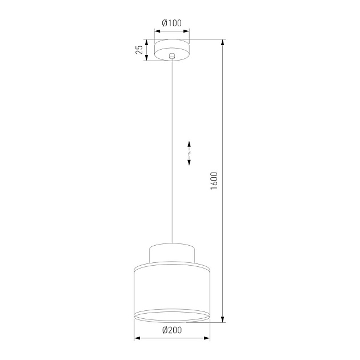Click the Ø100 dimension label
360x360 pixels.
click(x=171, y=23)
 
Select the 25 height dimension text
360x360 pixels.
click(x=139, y=49)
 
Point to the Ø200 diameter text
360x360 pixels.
click(x=172, y=330)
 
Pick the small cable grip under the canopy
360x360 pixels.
click(x=172, y=57)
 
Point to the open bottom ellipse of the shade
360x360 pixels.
click(x=172, y=316)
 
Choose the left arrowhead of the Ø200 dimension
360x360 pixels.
click(x=137, y=339)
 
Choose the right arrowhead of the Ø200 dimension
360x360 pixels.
click(x=207, y=339)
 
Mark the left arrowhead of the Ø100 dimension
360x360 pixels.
click(x=155, y=32)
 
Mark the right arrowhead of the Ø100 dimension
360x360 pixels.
click(x=189, y=32)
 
